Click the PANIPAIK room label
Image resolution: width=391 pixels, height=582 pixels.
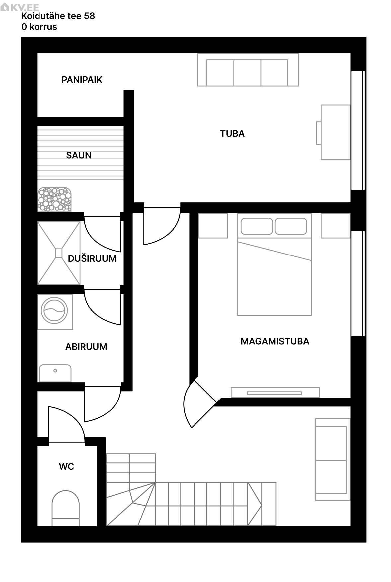click(x=82, y=80)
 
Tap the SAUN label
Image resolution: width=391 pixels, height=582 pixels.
click(x=79, y=155)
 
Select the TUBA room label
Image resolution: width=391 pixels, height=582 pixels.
click(x=232, y=134)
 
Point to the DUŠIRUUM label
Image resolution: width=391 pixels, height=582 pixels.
click(x=92, y=258)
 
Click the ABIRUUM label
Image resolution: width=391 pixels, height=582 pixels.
click(x=86, y=347)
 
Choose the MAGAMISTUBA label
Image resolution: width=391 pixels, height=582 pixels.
click(x=275, y=341)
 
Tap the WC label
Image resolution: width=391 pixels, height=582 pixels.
click(x=66, y=467)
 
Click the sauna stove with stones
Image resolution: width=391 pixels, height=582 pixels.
click(x=54, y=199)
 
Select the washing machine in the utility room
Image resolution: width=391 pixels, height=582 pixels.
click(x=55, y=312)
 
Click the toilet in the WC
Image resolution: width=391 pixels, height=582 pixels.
click(x=66, y=508)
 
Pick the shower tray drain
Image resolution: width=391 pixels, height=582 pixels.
click(x=59, y=253)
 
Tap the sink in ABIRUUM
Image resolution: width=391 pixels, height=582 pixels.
click(x=55, y=373)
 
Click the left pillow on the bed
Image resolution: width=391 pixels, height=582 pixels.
click(x=257, y=226)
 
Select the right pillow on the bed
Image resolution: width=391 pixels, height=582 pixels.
click(x=291, y=226)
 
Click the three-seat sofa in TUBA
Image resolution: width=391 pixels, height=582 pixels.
click(x=248, y=70)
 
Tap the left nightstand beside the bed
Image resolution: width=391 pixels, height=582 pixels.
click(x=213, y=226)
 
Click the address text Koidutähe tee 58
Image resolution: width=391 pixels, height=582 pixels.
click(x=58, y=16)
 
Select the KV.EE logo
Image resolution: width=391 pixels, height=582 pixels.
click(x=20, y=7)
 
